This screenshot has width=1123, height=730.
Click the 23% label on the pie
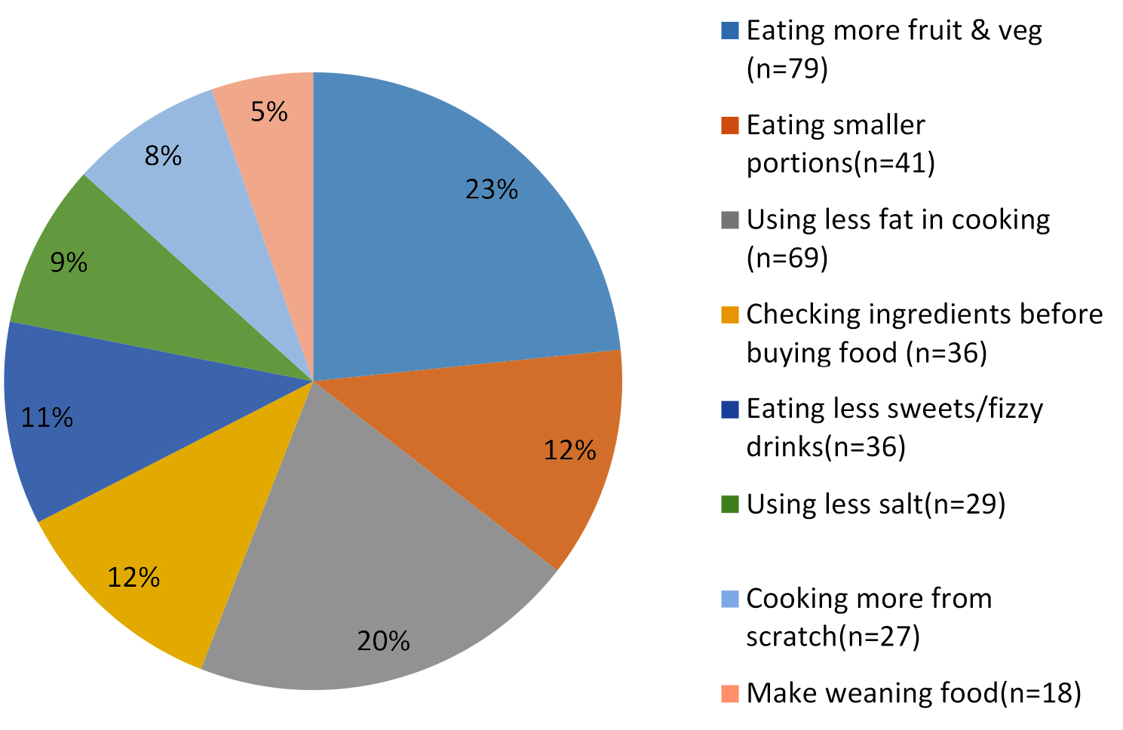click(x=492, y=189)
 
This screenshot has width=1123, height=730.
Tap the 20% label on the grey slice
click(x=384, y=641)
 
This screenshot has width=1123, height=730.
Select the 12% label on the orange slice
click(x=570, y=450)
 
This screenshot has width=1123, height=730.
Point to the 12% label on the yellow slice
click(x=133, y=578)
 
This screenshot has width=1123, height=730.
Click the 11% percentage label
click(x=47, y=417)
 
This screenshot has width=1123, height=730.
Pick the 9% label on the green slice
click(x=69, y=262)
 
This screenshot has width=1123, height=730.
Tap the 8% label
click(x=163, y=156)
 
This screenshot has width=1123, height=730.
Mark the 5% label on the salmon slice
click(x=269, y=112)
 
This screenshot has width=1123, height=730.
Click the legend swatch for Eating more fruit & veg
click(x=729, y=31)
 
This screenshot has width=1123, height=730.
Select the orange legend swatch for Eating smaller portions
click(x=729, y=126)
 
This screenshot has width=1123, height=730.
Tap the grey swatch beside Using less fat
click(x=729, y=220)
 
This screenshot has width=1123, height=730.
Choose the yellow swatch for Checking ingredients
click(x=729, y=314)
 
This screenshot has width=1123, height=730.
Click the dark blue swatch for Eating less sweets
click(x=729, y=409)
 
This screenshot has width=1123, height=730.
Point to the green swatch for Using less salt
click(x=729, y=504)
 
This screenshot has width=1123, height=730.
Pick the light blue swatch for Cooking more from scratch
click(x=729, y=599)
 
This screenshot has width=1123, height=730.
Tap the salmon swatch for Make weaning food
click(x=729, y=693)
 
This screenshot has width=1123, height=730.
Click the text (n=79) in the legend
click(x=787, y=69)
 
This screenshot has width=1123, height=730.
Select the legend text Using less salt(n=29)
click(x=876, y=504)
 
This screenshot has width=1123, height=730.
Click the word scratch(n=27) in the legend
click(x=833, y=636)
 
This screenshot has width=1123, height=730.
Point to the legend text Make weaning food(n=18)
click(x=913, y=693)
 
